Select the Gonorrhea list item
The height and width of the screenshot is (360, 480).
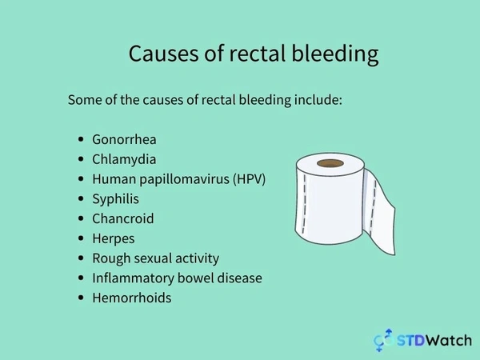pos(124,139)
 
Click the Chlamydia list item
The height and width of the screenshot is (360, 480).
pos(124,159)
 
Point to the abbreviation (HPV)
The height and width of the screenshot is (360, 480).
pos(248,178)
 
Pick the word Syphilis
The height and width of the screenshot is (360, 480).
pos(115,198)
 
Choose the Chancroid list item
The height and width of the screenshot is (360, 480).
pos(122,218)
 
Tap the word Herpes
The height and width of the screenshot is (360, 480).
pos(114,238)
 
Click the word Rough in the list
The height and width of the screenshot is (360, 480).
pos(110,258)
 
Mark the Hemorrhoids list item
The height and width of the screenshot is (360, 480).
pos(131,298)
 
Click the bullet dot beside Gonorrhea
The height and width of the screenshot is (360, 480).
pos(82,139)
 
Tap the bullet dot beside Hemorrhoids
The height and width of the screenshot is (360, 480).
pos(82,298)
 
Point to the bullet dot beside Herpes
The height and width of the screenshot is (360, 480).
pos(82,238)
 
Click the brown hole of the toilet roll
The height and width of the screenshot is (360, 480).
pos(330,163)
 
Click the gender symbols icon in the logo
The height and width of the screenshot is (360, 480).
pos(384,340)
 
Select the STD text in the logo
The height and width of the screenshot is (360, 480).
pos(412,341)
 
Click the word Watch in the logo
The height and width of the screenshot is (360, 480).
pos(450,341)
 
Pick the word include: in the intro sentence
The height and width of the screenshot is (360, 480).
pos(316,101)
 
